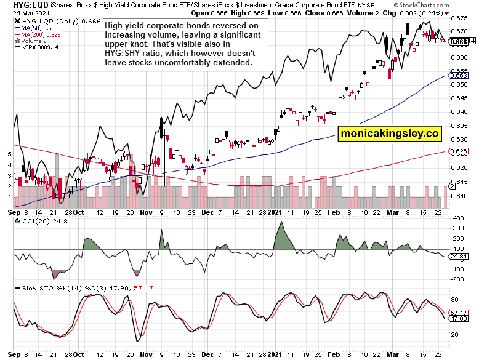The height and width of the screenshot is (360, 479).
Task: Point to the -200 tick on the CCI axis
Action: (458, 279)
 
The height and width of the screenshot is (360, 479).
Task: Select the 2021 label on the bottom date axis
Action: (274, 355)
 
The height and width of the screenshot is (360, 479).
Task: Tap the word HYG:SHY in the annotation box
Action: (123, 54)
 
